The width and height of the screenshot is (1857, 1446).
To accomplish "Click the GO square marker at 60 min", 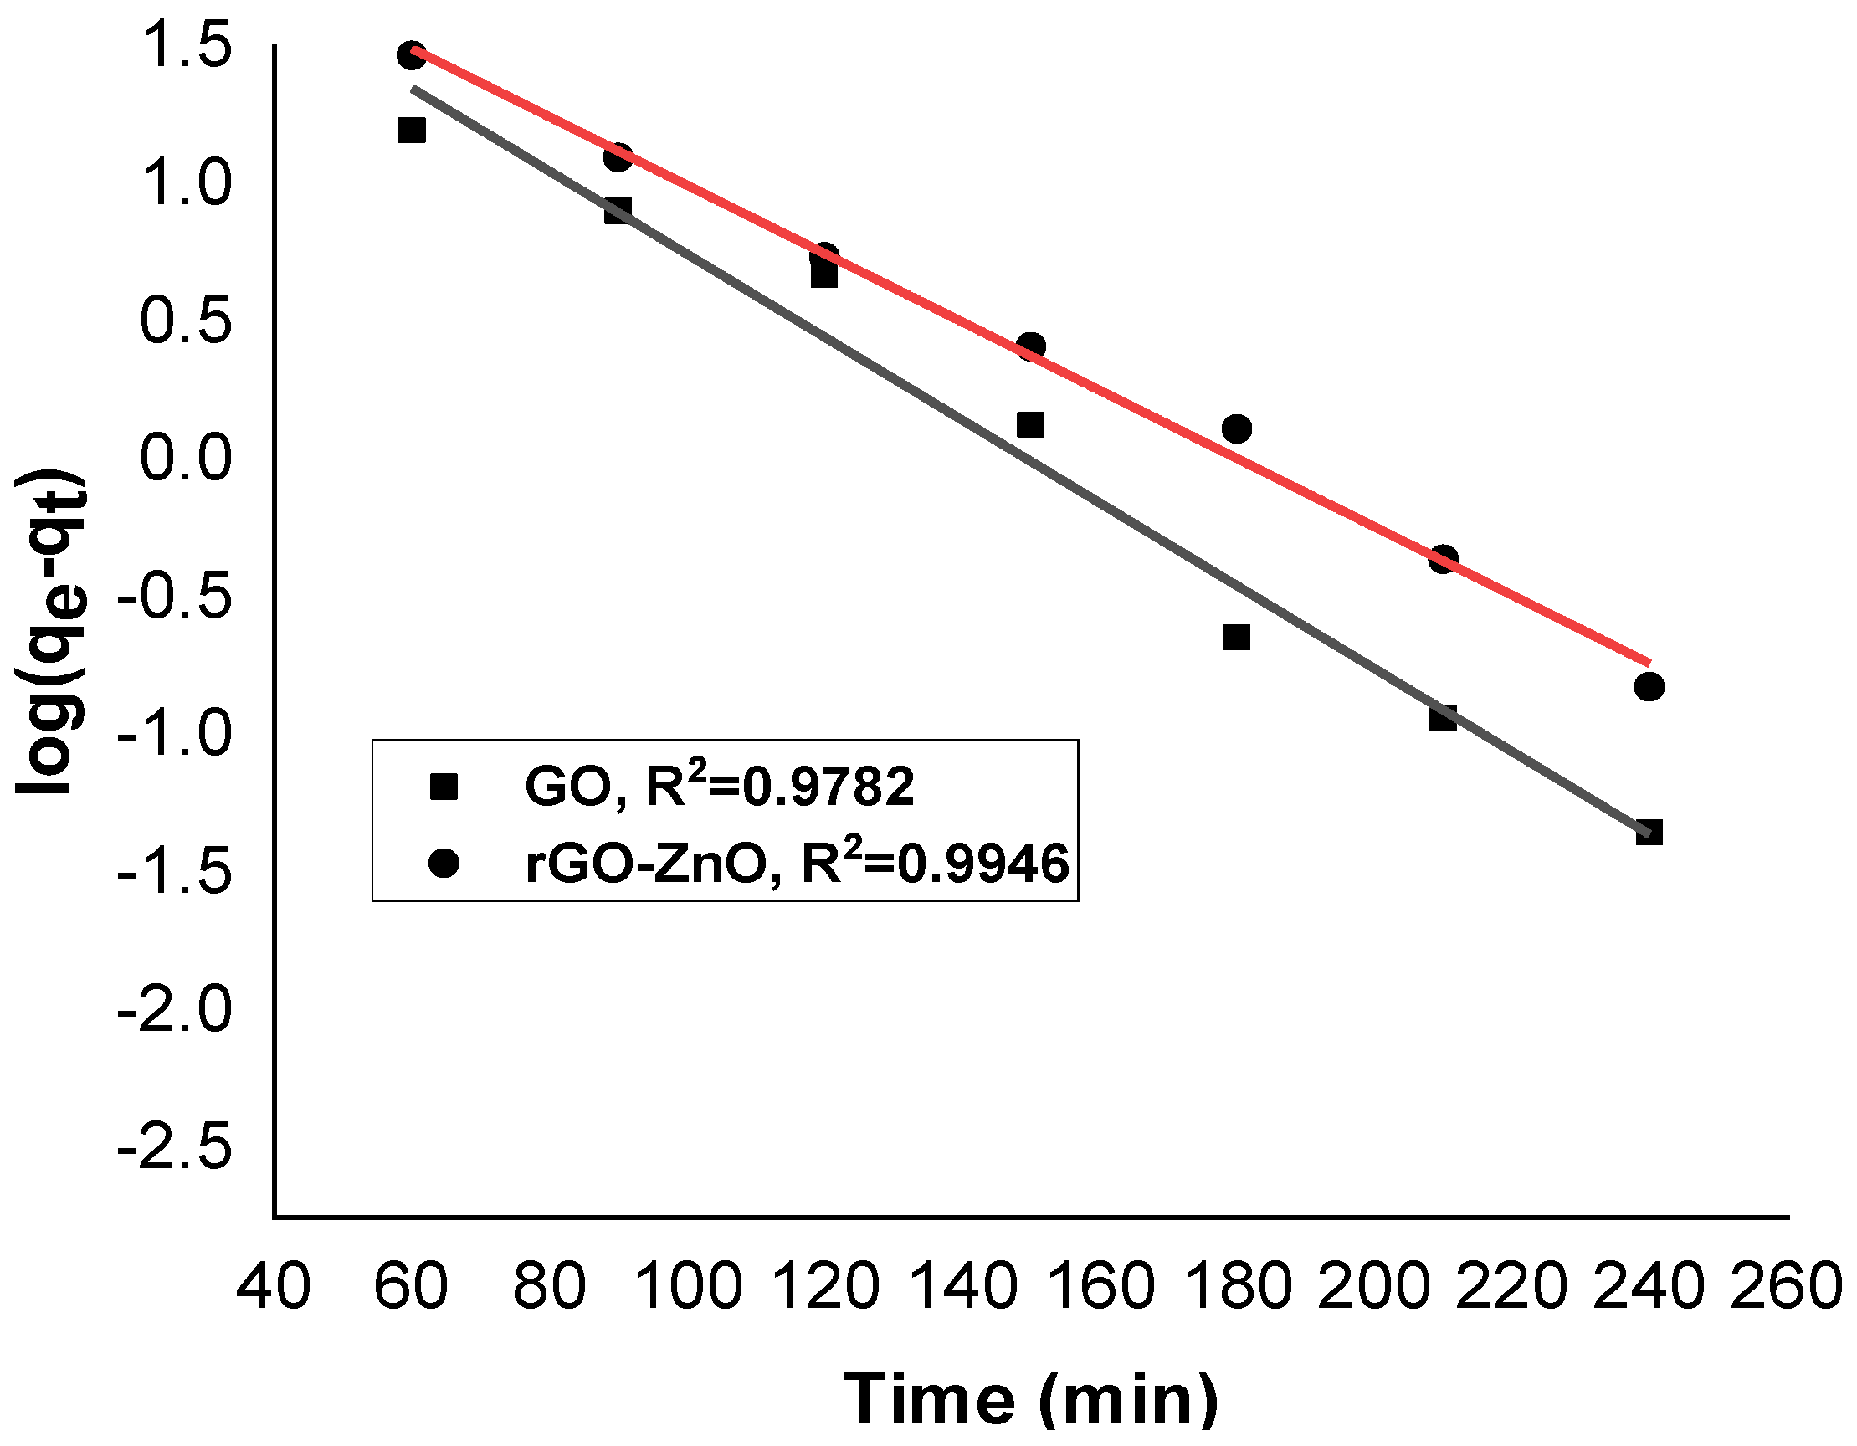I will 412,130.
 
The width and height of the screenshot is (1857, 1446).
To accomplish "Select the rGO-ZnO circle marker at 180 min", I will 1237,429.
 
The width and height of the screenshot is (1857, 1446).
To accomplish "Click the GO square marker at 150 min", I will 1030,425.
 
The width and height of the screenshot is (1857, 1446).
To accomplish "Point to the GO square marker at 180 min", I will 1237,638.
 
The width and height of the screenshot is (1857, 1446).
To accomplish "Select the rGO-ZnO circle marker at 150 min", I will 1030,346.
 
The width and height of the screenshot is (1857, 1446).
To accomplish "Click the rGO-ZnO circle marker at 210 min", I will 1444,559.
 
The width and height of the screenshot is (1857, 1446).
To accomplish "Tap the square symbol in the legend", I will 444,787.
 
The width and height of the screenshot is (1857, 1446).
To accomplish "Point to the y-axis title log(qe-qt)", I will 53,631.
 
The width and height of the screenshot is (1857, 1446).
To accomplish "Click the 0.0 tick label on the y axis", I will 185,458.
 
